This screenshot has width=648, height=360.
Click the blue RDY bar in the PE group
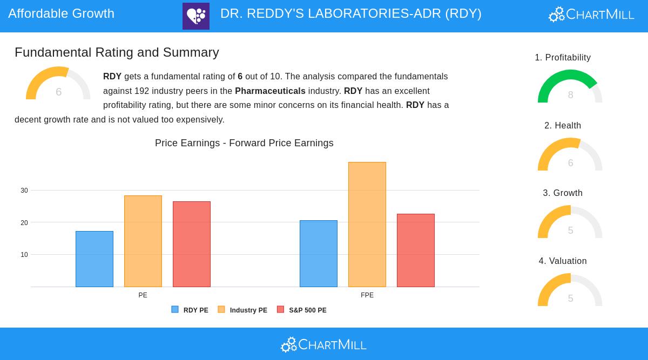tap(94, 259)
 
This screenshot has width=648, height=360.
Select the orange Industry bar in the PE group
tap(143, 241)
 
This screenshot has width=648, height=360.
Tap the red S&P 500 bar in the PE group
tap(192, 244)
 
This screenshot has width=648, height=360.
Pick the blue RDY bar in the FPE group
tap(319, 254)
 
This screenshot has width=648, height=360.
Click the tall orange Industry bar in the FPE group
tap(367, 225)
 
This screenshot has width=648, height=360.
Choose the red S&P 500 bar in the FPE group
tap(416, 250)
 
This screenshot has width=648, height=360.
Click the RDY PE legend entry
tap(190, 310)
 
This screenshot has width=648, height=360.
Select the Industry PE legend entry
tap(242, 310)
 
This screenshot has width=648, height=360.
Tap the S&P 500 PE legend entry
tap(302, 310)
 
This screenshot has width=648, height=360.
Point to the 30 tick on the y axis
tap(24, 191)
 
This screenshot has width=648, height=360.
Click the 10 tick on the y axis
tap(24, 255)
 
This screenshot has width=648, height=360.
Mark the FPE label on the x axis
tap(367, 295)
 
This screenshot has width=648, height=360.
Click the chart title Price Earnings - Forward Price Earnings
tap(244, 143)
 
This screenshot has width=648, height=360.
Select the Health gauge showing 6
tap(570, 155)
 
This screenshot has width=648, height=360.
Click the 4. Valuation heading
tap(563, 261)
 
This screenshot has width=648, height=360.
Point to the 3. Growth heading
tap(563, 193)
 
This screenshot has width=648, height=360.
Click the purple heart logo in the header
tap(196, 16)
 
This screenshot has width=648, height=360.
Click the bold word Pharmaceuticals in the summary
tap(270, 91)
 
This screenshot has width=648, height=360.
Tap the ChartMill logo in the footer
tap(324, 344)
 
